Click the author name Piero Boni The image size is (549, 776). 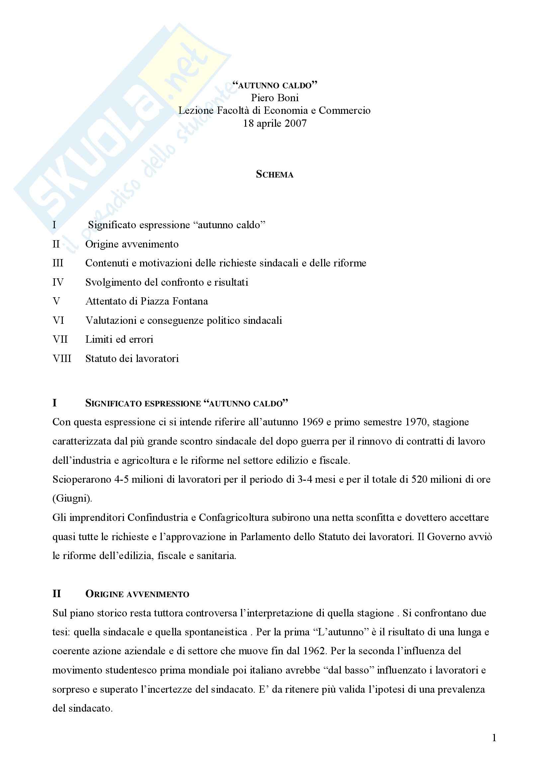(x=275, y=98)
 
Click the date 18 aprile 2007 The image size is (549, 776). (x=275, y=123)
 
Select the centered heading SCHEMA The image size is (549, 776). (x=275, y=175)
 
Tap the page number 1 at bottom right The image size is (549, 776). (x=494, y=738)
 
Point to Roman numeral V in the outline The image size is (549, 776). (x=56, y=301)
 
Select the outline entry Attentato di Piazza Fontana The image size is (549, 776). (x=146, y=301)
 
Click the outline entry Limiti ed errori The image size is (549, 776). (x=119, y=339)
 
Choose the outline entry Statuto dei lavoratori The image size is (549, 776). (x=132, y=358)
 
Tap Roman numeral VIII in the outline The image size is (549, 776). (x=62, y=358)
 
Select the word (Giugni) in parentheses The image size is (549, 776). (x=72, y=499)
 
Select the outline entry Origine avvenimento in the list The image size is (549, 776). (x=132, y=244)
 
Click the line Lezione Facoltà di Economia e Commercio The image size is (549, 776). (x=275, y=110)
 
